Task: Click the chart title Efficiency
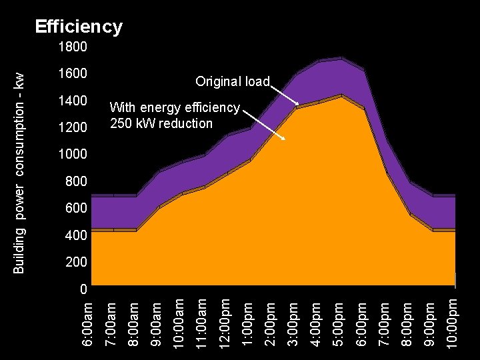[79, 27]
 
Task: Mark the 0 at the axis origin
[83, 290]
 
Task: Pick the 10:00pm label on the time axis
[452, 322]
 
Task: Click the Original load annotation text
[232, 81]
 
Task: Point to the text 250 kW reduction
[161, 123]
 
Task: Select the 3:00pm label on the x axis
[293, 322]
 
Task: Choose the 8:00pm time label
[406, 322]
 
